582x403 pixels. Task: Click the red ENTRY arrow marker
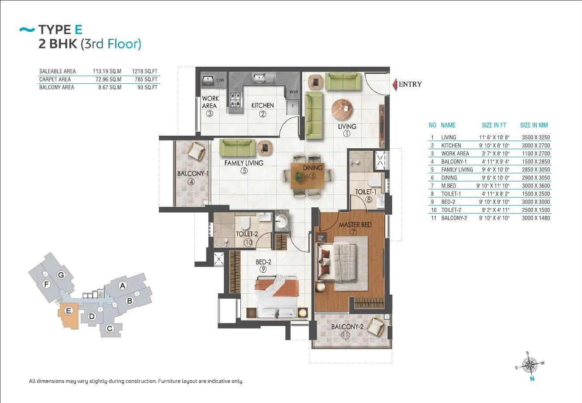pyautogui.click(x=395, y=85)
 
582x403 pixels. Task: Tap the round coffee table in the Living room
pyautogui.click(x=342, y=110)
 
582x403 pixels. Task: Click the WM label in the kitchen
pyautogui.click(x=293, y=92)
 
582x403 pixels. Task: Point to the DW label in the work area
pyautogui.click(x=220, y=80)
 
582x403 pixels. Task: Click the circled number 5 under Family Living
pyautogui.click(x=244, y=171)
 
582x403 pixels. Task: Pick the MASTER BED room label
pyautogui.click(x=355, y=225)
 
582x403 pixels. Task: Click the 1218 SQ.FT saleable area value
pyautogui.click(x=145, y=71)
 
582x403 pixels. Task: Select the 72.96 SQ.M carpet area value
pyautogui.click(x=108, y=79)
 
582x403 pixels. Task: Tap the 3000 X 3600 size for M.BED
pyautogui.click(x=536, y=185)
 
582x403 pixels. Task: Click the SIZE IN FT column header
pyautogui.click(x=494, y=125)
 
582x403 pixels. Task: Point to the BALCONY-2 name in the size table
pyautogui.click(x=454, y=218)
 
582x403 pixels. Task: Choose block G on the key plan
pyautogui.click(x=61, y=275)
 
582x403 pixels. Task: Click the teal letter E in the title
pyautogui.click(x=78, y=30)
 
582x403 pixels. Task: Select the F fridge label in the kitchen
pyautogui.click(x=293, y=106)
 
